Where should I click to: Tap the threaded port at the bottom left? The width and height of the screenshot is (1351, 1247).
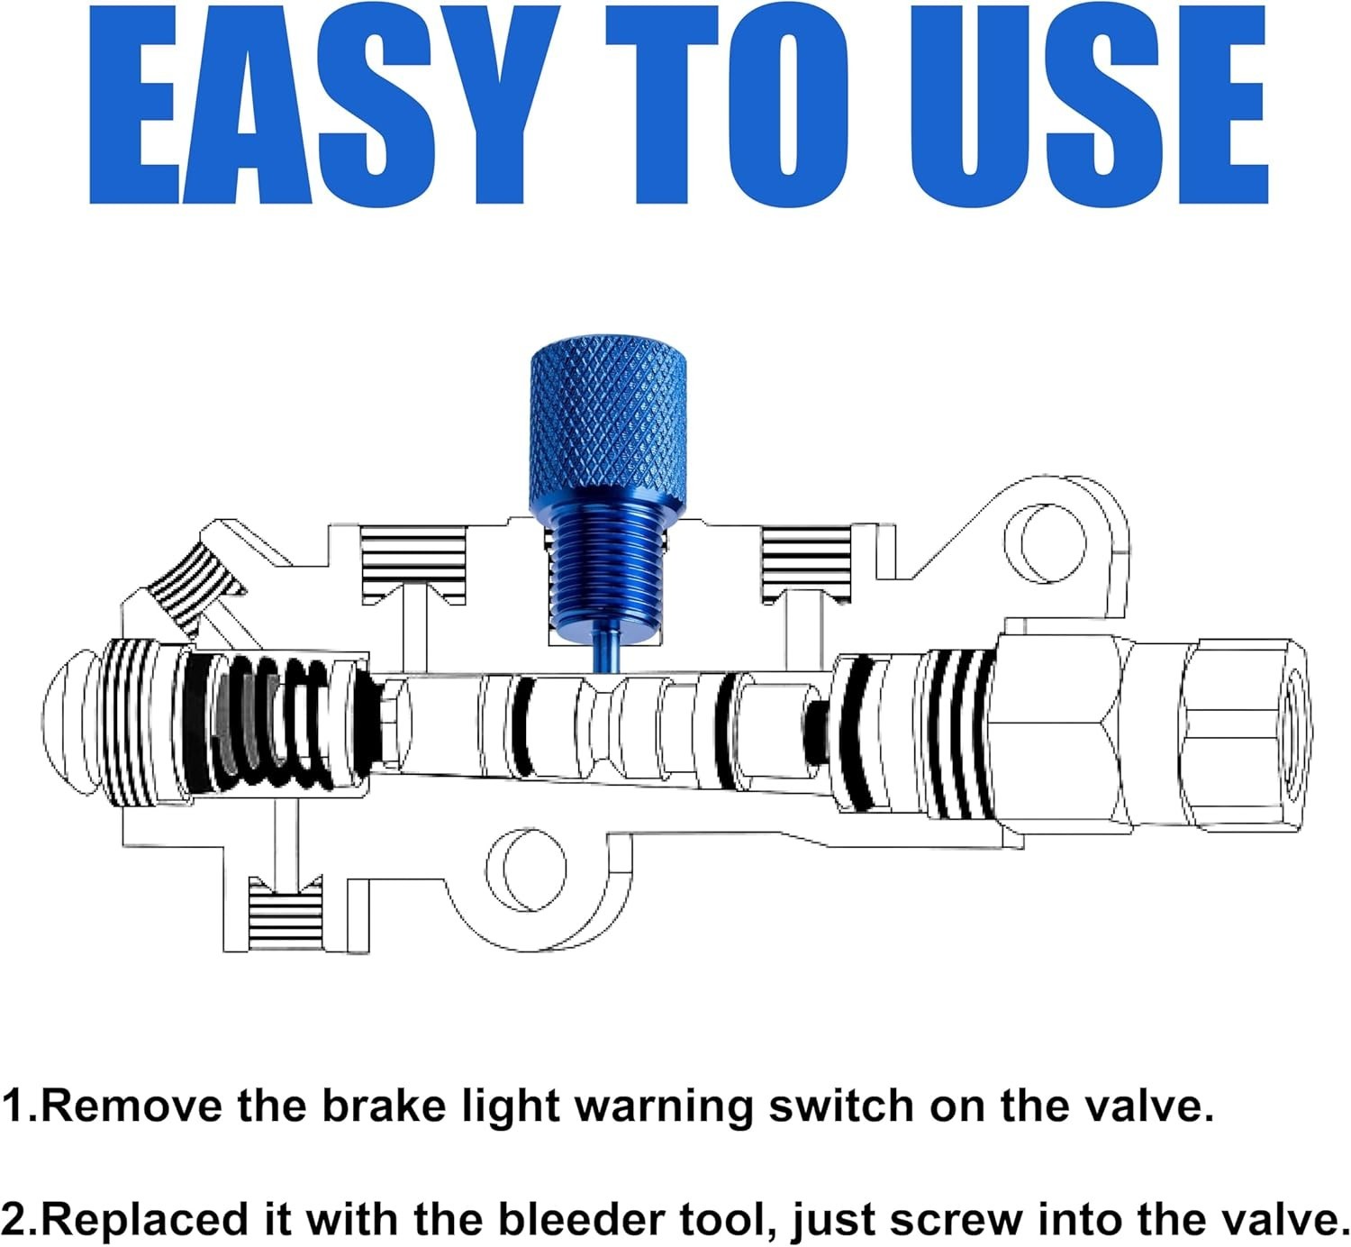pyautogui.click(x=286, y=915)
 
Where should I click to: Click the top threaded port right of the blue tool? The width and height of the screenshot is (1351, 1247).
pyautogui.click(x=806, y=563)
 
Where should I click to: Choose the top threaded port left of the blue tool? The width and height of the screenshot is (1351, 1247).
pyautogui.click(x=413, y=563)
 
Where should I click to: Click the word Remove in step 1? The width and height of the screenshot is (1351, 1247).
pyautogui.click(x=132, y=1106)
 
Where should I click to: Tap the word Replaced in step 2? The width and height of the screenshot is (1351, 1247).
pyautogui.click(x=166, y=1221)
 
